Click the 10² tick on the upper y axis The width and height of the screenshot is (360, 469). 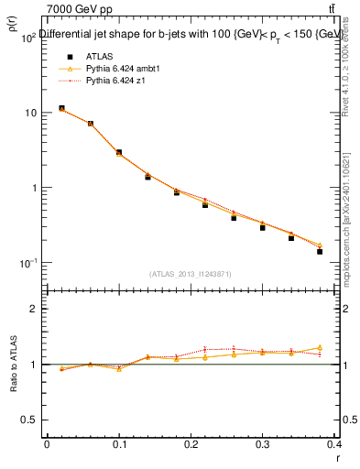27,38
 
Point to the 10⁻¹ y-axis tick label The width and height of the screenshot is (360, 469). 27,263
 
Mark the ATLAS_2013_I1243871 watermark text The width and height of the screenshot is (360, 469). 191,274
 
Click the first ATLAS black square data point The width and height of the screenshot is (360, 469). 61,108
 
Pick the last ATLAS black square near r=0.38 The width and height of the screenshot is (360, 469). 320,251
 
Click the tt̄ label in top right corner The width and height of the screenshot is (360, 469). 332,8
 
